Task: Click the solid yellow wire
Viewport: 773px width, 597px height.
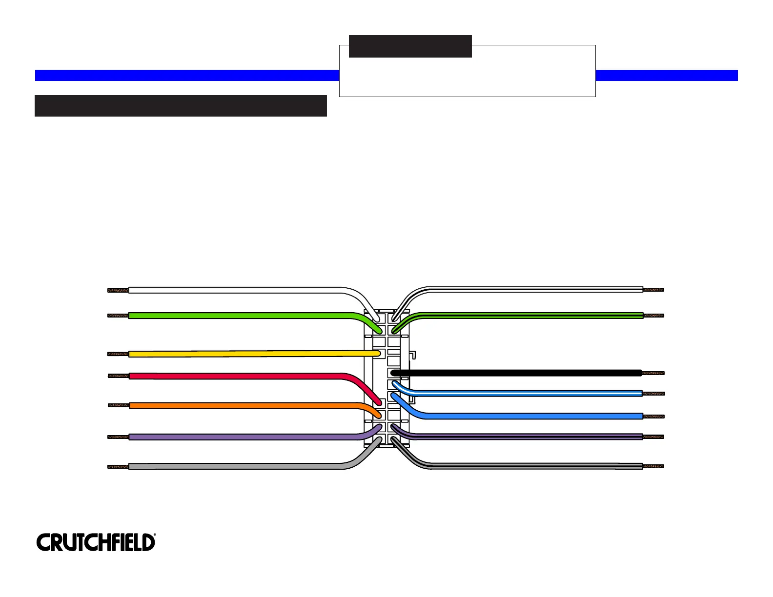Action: pyautogui.click(x=244, y=354)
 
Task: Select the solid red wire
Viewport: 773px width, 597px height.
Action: pyautogui.click(x=234, y=376)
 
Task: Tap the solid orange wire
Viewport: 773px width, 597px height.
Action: pyautogui.click(x=234, y=405)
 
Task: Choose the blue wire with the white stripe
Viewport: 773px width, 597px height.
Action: pyautogui.click(x=527, y=394)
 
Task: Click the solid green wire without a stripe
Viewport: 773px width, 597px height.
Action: pyautogui.click(x=234, y=316)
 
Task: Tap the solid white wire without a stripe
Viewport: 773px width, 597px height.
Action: pyautogui.click(x=234, y=290)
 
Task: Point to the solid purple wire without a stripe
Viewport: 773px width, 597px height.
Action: pyautogui.click(x=234, y=437)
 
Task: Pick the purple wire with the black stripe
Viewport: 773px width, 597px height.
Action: pyautogui.click(x=527, y=437)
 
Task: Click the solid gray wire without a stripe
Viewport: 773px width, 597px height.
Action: pyautogui.click(x=234, y=467)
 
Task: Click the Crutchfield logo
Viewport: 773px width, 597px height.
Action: pyautogui.click(x=96, y=542)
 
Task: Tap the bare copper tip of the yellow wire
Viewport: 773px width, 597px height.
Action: pyautogui.click(x=118, y=354)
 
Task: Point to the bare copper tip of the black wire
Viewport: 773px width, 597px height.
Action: pyautogui.click(x=653, y=373)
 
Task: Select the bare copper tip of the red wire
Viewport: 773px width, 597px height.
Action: pyautogui.click(x=118, y=376)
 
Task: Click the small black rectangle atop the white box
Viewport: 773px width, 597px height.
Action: pyautogui.click(x=410, y=46)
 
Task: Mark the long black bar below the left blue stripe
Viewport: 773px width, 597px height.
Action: pyautogui.click(x=181, y=106)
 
